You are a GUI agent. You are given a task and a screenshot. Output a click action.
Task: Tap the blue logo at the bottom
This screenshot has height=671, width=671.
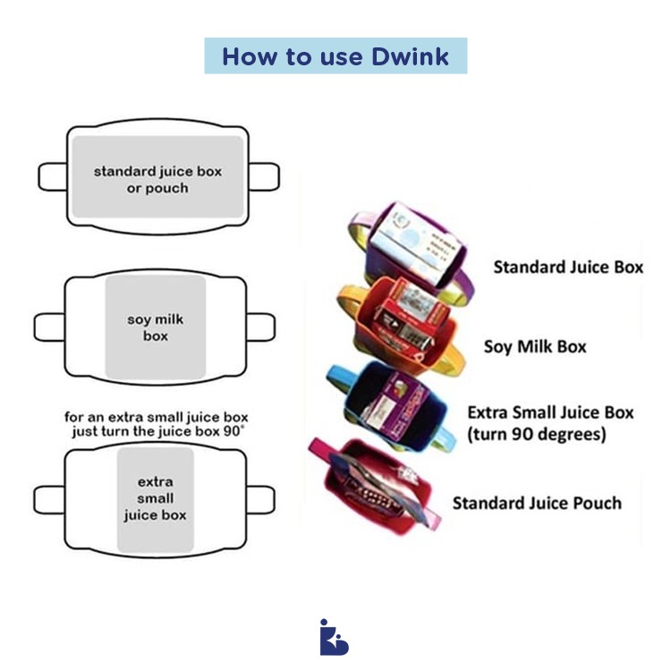tap(334, 636)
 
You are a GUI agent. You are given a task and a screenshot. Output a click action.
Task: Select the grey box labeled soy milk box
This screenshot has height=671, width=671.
tap(156, 327)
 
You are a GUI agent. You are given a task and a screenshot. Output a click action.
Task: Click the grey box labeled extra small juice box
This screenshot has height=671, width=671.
tap(155, 498)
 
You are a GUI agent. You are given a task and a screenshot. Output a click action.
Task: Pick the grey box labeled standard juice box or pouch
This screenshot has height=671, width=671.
tap(157, 176)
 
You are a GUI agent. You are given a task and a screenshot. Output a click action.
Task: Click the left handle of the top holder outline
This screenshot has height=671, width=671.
tap(52, 176)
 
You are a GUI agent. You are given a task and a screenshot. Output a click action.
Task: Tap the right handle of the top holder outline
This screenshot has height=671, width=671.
tap(263, 176)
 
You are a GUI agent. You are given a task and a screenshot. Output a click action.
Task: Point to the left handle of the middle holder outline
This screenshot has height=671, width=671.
tap(49, 327)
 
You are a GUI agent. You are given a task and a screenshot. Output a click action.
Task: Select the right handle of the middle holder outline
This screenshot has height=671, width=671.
tap(260, 327)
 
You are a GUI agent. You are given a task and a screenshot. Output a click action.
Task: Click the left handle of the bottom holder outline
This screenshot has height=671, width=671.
tap(48, 498)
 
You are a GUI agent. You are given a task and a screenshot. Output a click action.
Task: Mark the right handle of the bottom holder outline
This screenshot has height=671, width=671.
tap(260, 498)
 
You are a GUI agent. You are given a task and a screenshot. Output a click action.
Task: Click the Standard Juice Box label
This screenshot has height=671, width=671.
tap(568, 267)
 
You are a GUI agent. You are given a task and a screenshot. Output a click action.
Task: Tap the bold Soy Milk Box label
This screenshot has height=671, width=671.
tap(535, 345)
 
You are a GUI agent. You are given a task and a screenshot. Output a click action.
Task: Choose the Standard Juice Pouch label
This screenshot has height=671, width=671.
tap(536, 503)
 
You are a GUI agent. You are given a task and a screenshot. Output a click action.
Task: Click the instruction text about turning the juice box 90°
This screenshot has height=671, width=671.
tap(156, 424)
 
